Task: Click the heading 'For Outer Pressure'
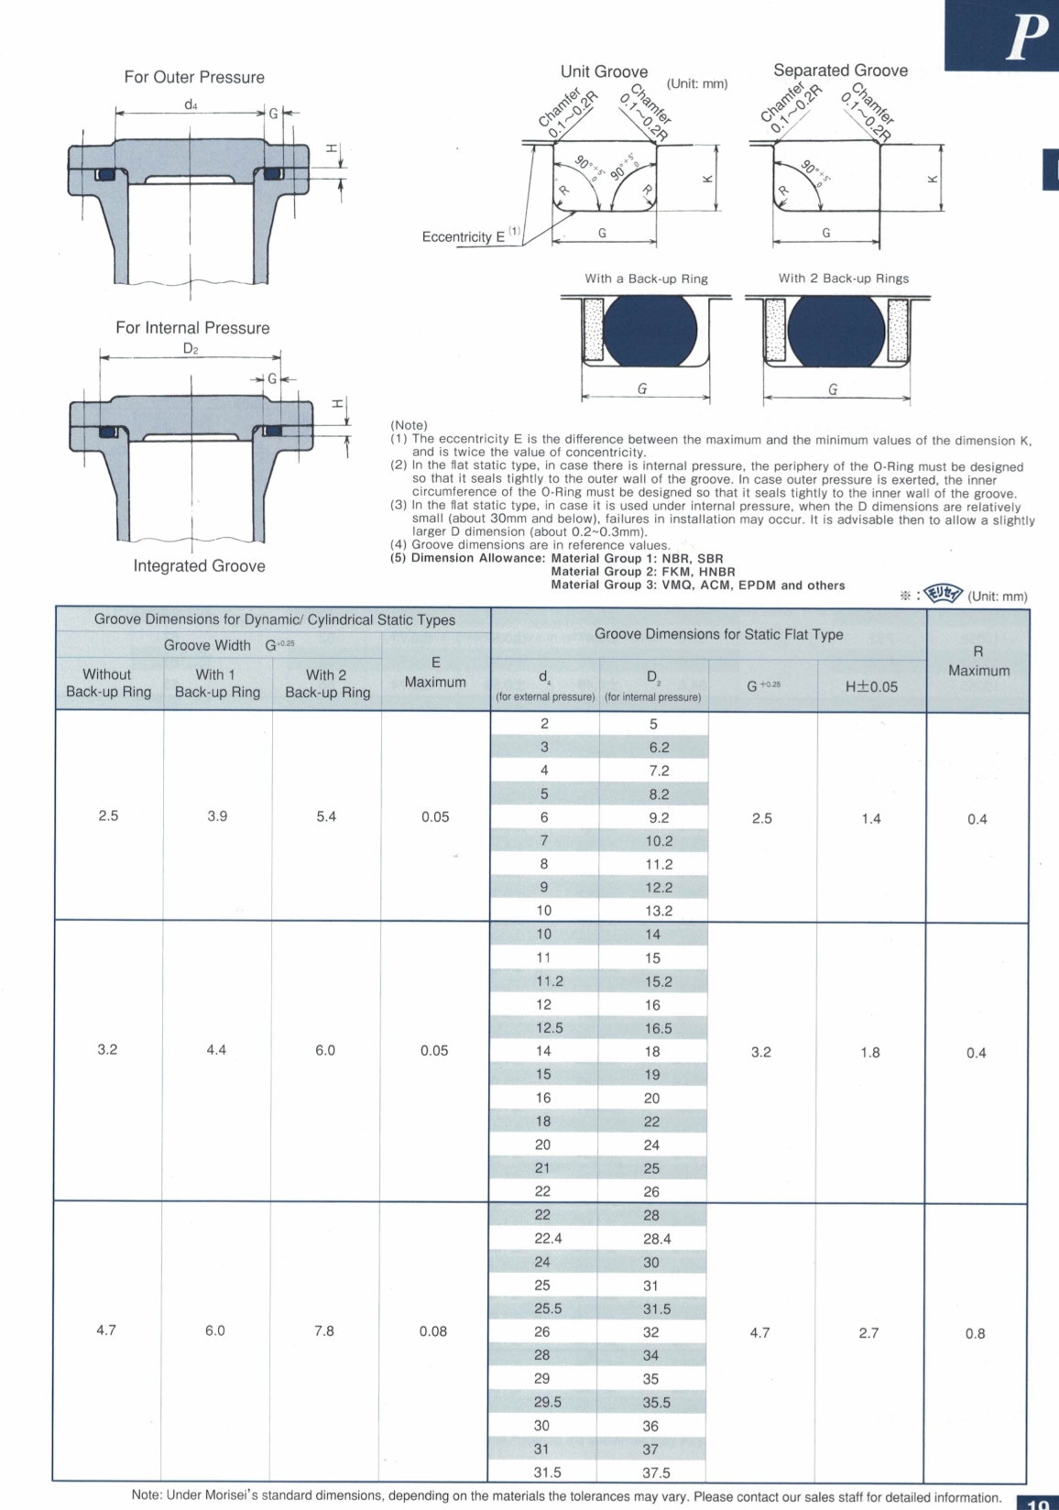coord(194,77)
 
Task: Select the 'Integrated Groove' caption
coord(199,566)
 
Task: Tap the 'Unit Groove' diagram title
coord(604,71)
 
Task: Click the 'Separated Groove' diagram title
coord(840,71)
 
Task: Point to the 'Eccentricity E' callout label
coord(464,236)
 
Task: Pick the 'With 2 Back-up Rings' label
coord(844,279)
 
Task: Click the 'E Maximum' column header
coord(435,673)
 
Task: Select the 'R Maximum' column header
coord(977,661)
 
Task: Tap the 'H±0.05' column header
coord(871,686)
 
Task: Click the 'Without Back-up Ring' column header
coord(108,683)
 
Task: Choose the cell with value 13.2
coord(659,911)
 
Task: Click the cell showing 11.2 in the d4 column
coord(550,981)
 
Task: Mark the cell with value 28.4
coord(657,1239)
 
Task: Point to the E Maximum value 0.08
coord(433,1331)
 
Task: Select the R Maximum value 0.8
coord(976,1333)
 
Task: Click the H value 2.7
coord(868,1332)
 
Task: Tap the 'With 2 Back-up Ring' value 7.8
coord(324,1330)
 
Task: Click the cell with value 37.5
coord(656,1472)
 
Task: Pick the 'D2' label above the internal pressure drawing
coord(191,348)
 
